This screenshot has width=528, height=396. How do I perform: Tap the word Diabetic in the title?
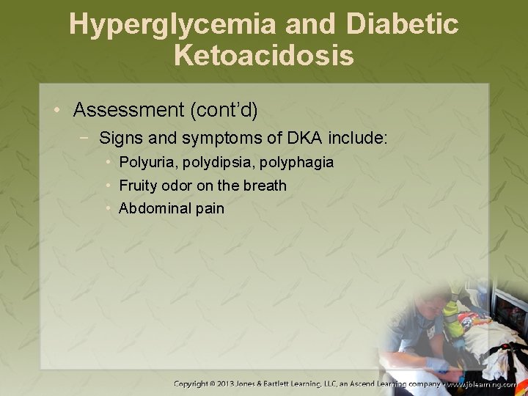[403, 25]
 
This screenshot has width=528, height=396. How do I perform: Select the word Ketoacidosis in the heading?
[264, 55]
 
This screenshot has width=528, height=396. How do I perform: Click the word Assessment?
[129, 111]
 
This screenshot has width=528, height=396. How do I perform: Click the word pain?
[210, 208]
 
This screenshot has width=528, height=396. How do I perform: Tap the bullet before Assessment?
[57, 111]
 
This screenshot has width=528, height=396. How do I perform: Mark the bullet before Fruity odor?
[108, 186]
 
